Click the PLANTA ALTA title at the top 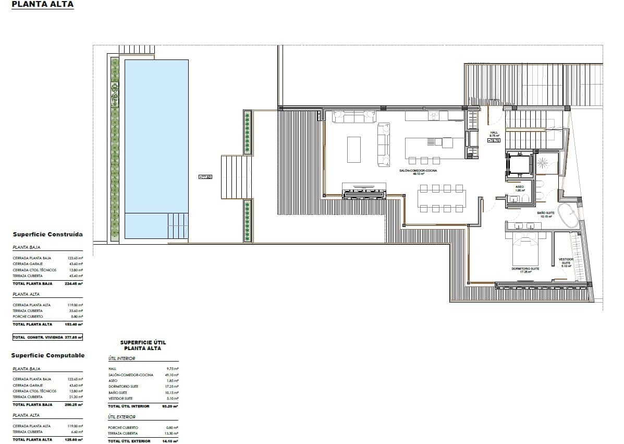(42, 5)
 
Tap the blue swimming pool (156, 141)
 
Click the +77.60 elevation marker (205, 177)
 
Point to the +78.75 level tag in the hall (494, 140)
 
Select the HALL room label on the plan (494, 133)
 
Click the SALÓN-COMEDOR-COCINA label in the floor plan (418, 171)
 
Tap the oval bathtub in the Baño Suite (568, 215)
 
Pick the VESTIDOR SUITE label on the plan (566, 261)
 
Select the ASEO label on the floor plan (519, 187)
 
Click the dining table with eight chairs (441, 198)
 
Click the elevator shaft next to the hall (518, 166)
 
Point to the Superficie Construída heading (47, 235)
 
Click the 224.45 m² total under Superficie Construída (76, 283)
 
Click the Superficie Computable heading (47, 356)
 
